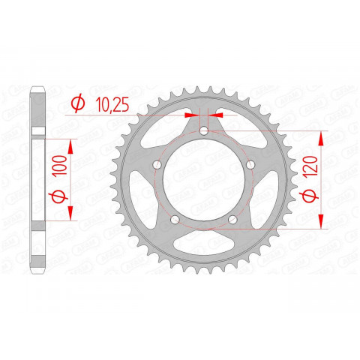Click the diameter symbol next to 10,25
coord(76,105)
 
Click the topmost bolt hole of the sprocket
coord(204,133)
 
